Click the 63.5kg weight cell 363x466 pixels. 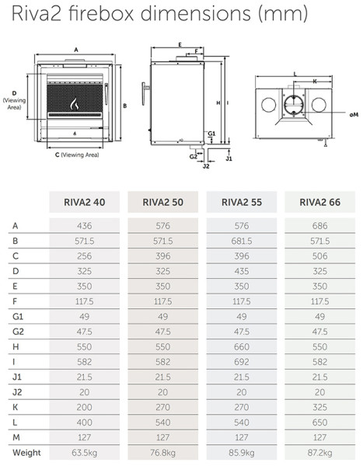85,452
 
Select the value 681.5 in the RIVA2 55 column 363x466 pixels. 240,242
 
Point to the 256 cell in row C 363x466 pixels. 85,257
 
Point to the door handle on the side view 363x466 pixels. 142,93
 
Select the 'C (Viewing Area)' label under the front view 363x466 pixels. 70,155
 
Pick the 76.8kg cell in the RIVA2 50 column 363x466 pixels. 162,452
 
